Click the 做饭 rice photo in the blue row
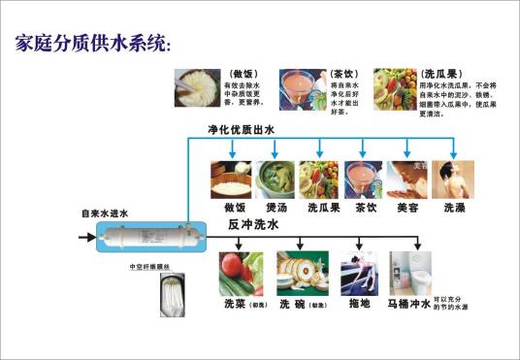click(x=234, y=180)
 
